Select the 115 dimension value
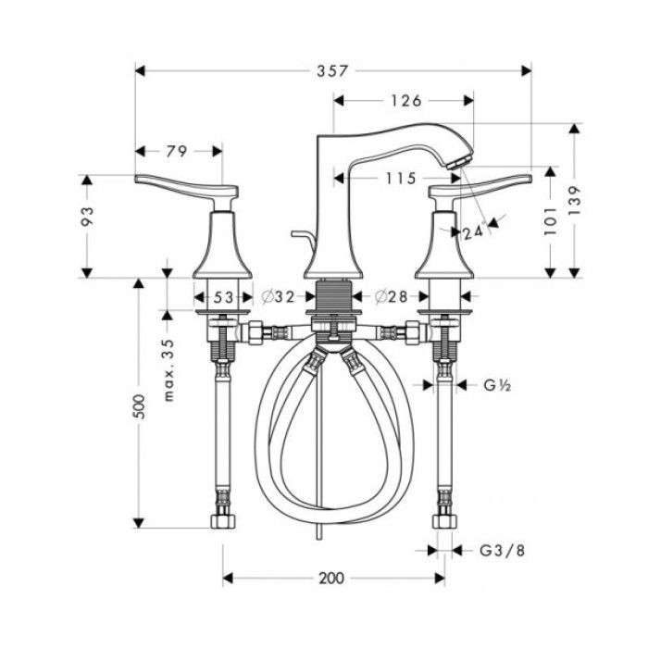[x=400, y=179]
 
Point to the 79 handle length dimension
[x=178, y=151]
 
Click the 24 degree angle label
[x=472, y=232]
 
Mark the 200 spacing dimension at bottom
[x=330, y=579]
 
